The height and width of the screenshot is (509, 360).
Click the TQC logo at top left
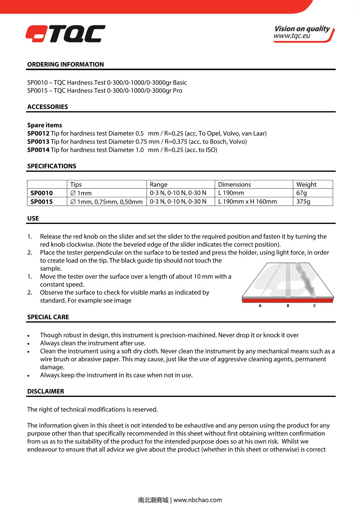pyautogui.click(x=65, y=34)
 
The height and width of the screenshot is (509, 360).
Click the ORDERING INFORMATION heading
pyautogui.click(x=65, y=64)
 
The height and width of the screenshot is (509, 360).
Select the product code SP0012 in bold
pyautogui.click(x=38, y=133)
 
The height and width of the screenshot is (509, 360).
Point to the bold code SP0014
pyautogui.click(x=38, y=150)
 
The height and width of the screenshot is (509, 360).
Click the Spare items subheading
pyautogui.click(x=44, y=125)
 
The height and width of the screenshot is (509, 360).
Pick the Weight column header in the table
pyautogui.click(x=306, y=184)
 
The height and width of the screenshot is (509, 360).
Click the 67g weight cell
pyautogui.click(x=301, y=193)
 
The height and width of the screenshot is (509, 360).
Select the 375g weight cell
pyautogui.click(x=303, y=201)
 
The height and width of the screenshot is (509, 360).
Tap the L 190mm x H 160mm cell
pyautogui.click(x=247, y=201)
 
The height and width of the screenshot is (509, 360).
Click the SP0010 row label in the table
pyautogui.click(x=41, y=193)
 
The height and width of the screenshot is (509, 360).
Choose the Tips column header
pyautogui.click(x=76, y=184)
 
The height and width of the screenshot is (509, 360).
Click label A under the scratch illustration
pyautogui.click(x=260, y=306)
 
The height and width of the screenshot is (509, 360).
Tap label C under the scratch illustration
pyautogui.click(x=314, y=306)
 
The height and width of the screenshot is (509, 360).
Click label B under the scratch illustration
pyautogui.click(x=288, y=306)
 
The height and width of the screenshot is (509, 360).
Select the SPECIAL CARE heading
pyautogui.click(x=48, y=317)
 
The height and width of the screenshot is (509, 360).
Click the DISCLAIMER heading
pyautogui.click(x=46, y=391)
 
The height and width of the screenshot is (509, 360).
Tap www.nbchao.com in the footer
pyautogui.click(x=198, y=500)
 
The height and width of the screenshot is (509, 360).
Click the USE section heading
pyautogui.click(x=33, y=219)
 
